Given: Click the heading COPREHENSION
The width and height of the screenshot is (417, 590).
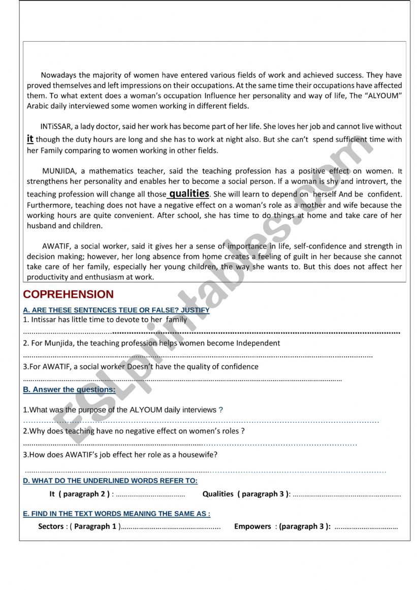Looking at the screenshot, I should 68,294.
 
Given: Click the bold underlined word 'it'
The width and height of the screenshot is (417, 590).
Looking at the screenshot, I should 30,138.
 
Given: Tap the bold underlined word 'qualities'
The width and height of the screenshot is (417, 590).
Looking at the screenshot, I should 189,194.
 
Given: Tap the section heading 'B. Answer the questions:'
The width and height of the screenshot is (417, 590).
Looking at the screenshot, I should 69,390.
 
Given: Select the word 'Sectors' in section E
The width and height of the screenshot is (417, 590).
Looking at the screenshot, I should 51,526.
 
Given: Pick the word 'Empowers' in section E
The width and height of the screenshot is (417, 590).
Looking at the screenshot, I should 252,526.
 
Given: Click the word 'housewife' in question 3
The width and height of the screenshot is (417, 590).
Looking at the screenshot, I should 198,455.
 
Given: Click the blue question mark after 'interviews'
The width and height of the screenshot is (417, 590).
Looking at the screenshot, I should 220,410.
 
